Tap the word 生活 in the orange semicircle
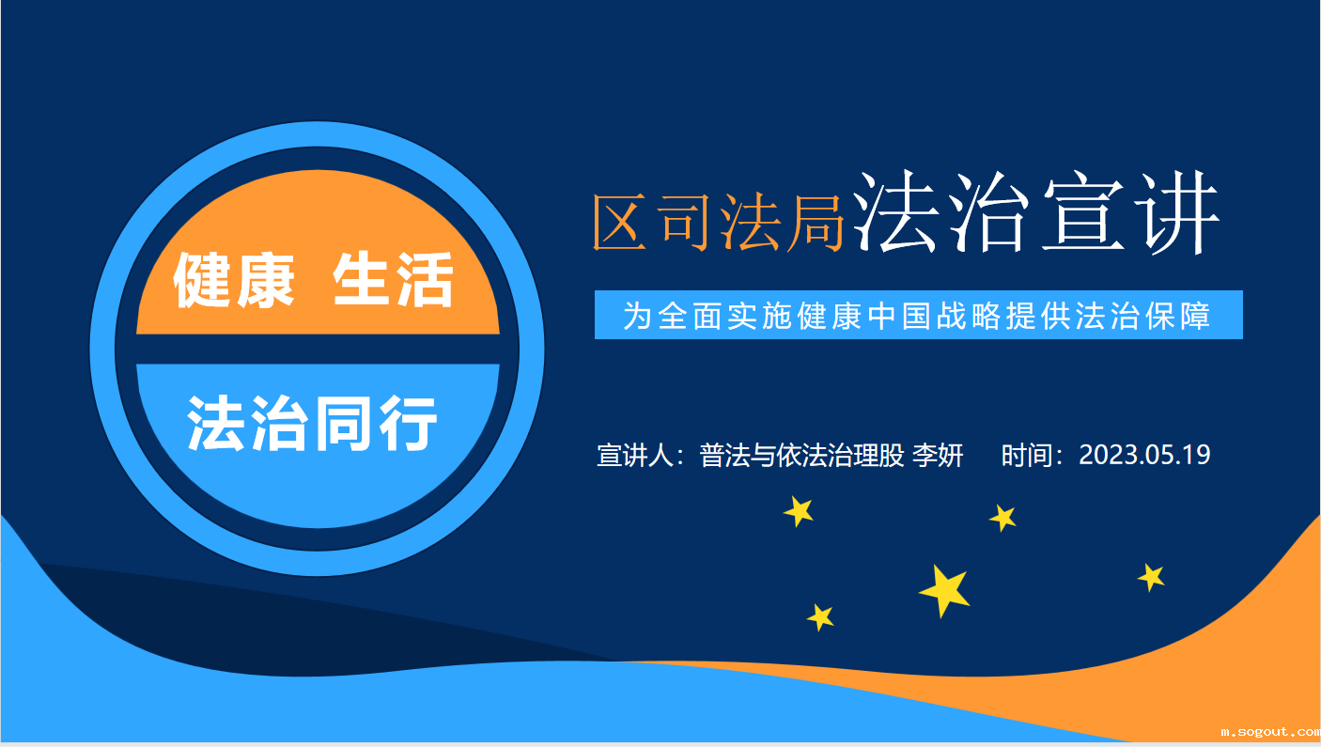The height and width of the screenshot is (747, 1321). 394,281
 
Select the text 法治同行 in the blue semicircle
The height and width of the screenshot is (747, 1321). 313,424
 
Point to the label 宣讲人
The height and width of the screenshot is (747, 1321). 636,456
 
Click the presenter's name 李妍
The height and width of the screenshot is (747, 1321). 939,456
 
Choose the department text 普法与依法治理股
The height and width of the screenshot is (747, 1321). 801,456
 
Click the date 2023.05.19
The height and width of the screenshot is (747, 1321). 1144,456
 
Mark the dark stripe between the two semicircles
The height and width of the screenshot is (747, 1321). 318,349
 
